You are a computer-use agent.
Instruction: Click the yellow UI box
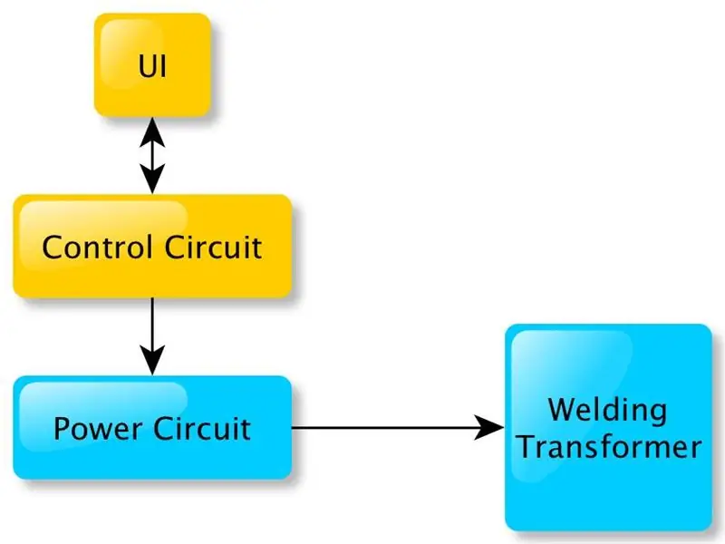click(x=152, y=64)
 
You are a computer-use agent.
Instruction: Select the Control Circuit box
click(x=152, y=246)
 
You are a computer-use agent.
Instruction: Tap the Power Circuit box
click(x=152, y=427)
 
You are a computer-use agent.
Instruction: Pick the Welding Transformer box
click(x=608, y=427)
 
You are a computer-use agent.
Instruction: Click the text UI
click(x=152, y=66)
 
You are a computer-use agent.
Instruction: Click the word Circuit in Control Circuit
click(x=214, y=247)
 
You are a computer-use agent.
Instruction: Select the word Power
click(x=98, y=429)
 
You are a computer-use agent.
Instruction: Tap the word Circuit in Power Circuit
click(x=202, y=429)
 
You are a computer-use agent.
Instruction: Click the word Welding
click(x=607, y=411)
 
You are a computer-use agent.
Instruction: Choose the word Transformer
click(x=610, y=447)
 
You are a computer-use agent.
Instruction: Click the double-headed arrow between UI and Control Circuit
click(x=152, y=155)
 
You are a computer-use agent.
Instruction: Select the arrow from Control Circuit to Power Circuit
click(x=152, y=336)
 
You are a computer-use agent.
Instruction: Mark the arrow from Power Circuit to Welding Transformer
click(x=398, y=427)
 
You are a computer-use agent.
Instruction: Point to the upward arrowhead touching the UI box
click(x=152, y=132)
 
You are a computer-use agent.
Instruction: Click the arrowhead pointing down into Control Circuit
click(x=152, y=179)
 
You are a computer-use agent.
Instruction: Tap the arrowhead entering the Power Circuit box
click(x=152, y=360)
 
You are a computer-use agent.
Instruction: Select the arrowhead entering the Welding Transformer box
click(x=489, y=427)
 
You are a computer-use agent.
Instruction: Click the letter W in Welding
click(x=563, y=410)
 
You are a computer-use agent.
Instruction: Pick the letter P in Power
click(x=62, y=429)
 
